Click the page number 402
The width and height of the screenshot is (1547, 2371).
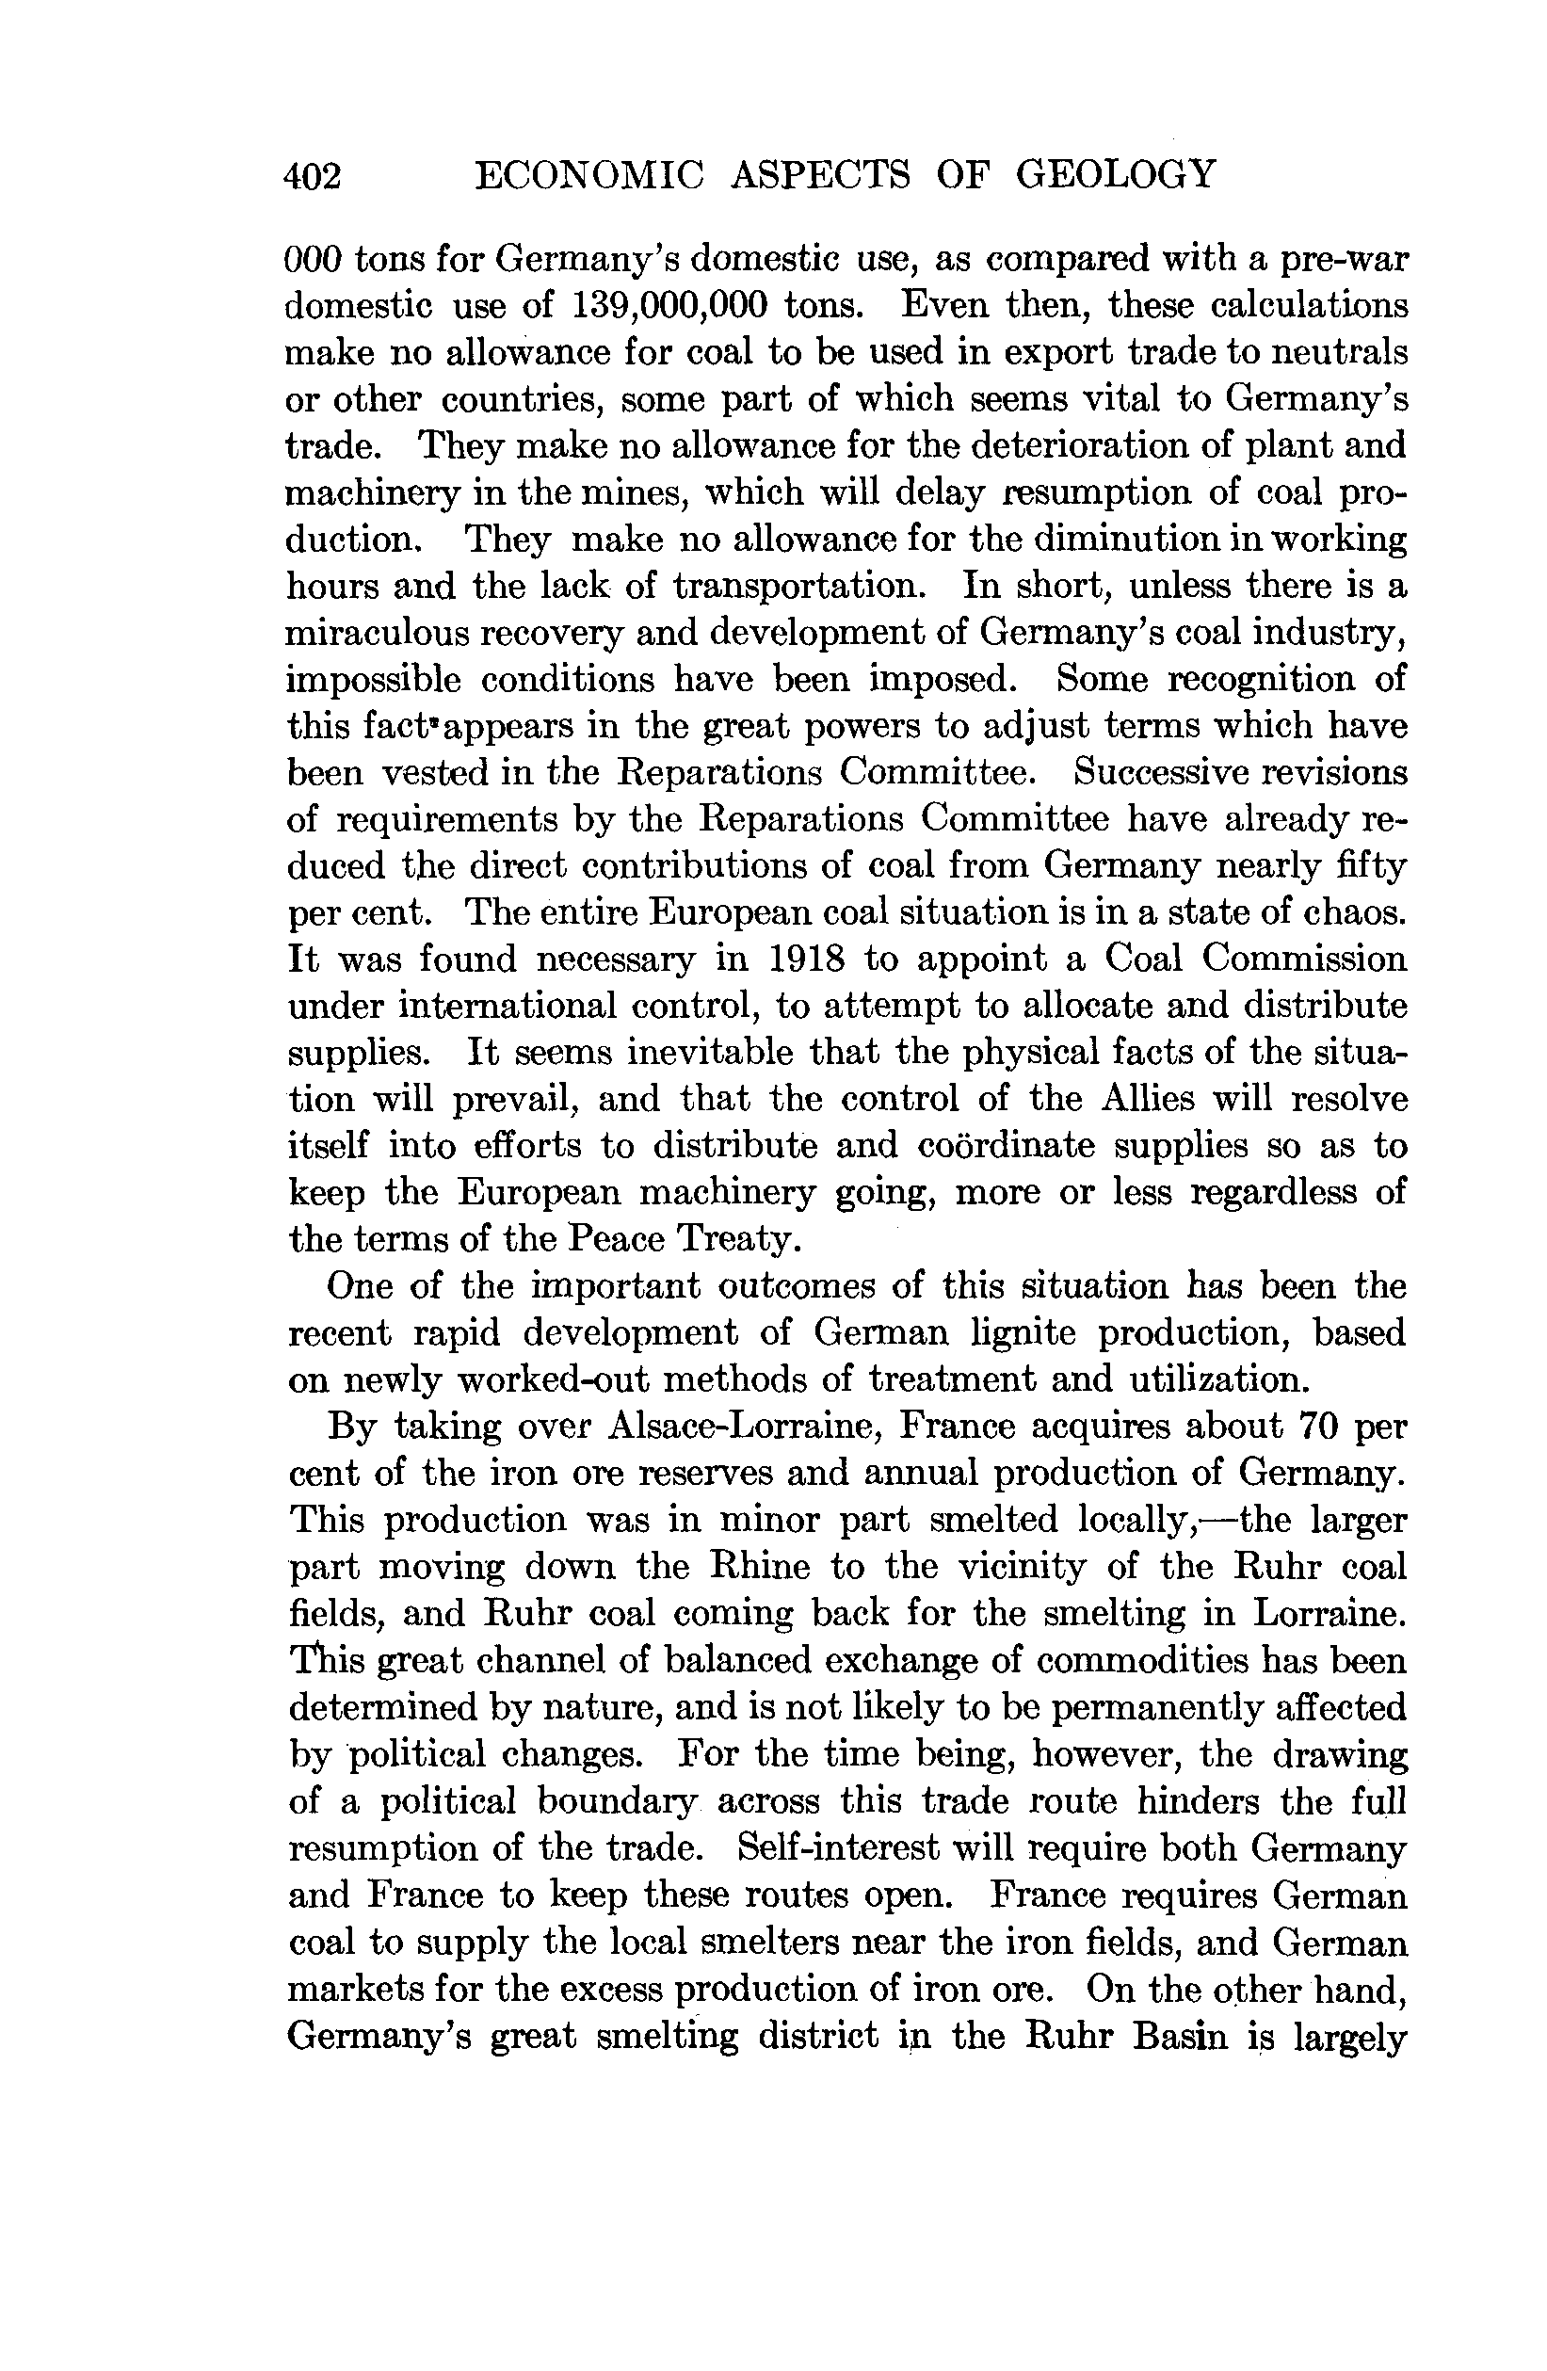pos(313,176)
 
